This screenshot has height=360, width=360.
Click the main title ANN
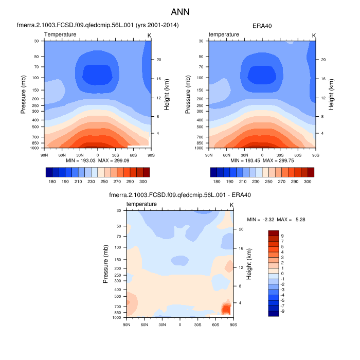[180, 11]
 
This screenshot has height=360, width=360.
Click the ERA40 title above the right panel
[262, 25]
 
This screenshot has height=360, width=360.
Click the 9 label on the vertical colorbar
[282, 236]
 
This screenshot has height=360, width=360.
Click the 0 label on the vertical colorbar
[282, 274]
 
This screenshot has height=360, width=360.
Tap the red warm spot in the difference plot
[226, 308]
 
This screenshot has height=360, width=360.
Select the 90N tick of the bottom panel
[127, 325]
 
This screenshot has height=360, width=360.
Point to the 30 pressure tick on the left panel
[37, 41]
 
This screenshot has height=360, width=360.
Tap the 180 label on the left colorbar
[52, 182]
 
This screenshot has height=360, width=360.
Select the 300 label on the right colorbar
[308, 182]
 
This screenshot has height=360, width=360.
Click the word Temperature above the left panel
[60, 34]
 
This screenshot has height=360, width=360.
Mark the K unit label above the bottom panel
[231, 205]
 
